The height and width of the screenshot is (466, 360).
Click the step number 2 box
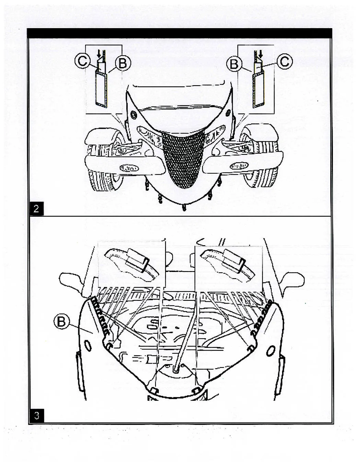click(36, 208)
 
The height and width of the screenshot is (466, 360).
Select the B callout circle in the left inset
click(122, 64)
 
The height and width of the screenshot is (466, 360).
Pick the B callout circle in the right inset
click(234, 64)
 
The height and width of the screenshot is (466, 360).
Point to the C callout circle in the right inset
click(285, 62)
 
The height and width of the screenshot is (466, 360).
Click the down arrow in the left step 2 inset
click(99, 55)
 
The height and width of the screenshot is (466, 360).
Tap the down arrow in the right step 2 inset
click(261, 55)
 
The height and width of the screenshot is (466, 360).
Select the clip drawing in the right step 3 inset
click(227, 263)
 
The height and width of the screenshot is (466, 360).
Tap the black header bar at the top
click(179, 33)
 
